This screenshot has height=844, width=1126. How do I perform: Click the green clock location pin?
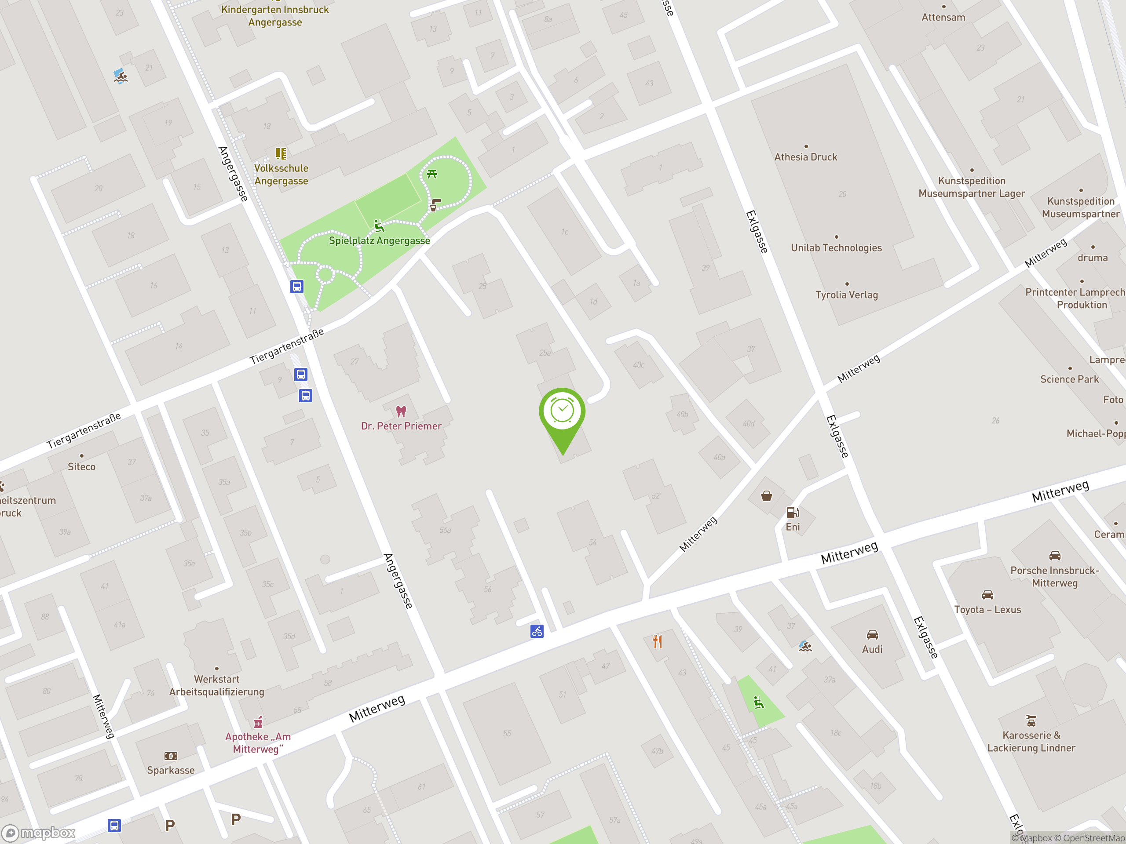(562, 412)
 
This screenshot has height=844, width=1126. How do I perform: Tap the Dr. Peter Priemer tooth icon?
(401, 411)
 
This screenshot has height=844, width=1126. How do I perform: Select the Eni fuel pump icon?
(793, 512)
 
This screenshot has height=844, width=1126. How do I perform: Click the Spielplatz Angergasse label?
(379, 240)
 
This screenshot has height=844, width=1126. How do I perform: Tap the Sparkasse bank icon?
(171, 756)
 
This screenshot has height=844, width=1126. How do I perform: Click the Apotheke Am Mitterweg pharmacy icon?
(258, 722)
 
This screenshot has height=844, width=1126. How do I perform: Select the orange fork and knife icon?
(658, 641)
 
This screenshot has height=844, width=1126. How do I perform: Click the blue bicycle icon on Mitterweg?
(537, 631)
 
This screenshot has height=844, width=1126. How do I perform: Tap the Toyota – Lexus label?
(987, 609)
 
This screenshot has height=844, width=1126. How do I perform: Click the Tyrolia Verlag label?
(847, 295)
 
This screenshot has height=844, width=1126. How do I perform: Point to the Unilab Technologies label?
(836, 248)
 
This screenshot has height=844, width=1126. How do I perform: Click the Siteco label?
(81, 466)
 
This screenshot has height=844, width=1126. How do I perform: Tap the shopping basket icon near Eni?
(766, 496)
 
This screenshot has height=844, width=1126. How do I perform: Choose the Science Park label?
(1070, 379)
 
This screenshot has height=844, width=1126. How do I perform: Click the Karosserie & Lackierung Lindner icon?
(1031, 720)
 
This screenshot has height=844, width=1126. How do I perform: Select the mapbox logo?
(40, 833)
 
